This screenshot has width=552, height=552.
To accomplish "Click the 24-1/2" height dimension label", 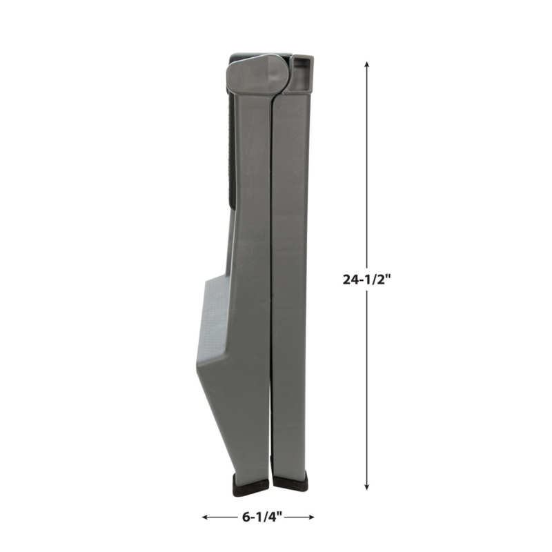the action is pos(367,279).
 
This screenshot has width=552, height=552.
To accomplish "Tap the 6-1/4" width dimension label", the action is pos(262,517).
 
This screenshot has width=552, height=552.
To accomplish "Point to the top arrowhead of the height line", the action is pos(367,64).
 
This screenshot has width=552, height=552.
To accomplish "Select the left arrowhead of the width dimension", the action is pos(205,517).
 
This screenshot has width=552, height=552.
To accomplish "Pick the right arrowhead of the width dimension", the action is pos(310,517).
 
